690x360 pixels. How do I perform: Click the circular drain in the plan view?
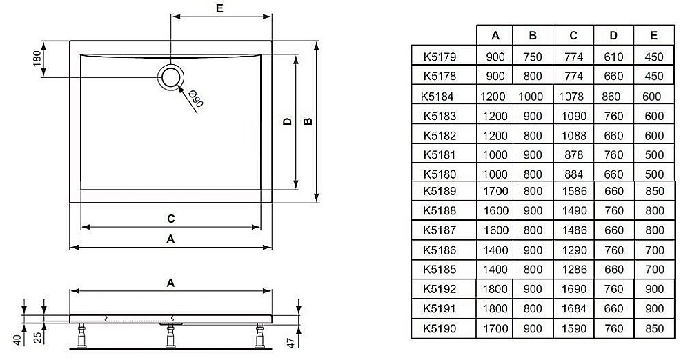(170, 77)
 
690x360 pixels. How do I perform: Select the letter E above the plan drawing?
(219, 9)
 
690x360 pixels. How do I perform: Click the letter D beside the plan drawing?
(287, 121)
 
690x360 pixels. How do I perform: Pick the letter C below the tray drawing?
(170, 219)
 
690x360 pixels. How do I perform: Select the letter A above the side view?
(170, 282)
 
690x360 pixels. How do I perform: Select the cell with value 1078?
(573, 97)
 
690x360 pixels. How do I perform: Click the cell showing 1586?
(573, 191)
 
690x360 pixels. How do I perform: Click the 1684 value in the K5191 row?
(573, 308)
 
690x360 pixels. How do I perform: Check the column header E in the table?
(653, 35)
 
